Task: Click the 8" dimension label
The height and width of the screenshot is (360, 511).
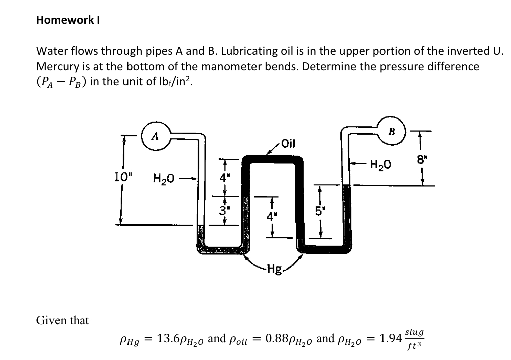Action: point(420,161)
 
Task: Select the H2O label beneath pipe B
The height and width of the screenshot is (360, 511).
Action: point(380,164)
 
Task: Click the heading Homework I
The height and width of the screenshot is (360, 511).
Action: point(70,20)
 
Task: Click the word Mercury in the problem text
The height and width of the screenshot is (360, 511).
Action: point(56,66)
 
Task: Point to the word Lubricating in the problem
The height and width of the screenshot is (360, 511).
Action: point(246,51)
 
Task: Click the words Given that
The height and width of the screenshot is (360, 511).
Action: point(63,320)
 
